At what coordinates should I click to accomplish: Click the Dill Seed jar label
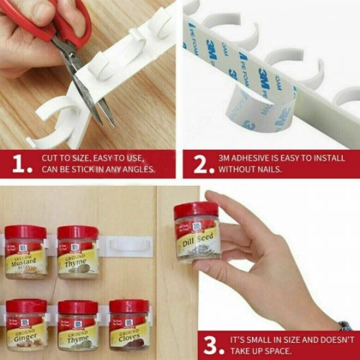(198, 240)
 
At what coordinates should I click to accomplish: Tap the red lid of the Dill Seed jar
(195, 210)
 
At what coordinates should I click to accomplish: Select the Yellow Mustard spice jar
(26, 252)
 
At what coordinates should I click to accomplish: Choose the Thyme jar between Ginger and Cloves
(78, 326)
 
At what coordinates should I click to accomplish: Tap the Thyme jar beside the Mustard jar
(78, 252)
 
